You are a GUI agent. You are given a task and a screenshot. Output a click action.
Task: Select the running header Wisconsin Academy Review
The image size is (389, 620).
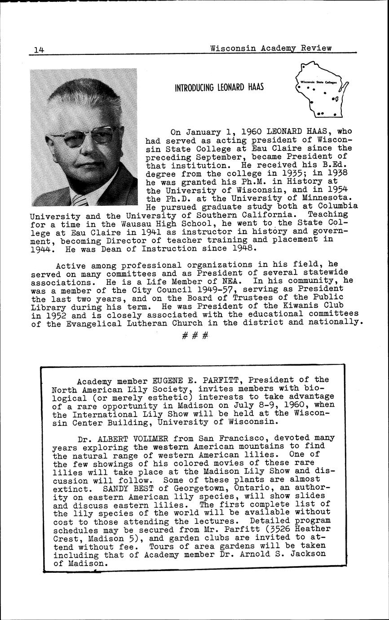tap(271, 48)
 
